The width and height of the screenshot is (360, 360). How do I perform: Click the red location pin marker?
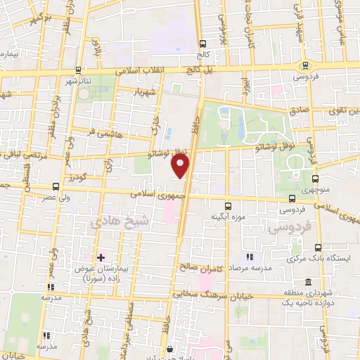pos(181,165)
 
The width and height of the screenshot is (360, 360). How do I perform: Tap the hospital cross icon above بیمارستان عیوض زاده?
pos(101,259)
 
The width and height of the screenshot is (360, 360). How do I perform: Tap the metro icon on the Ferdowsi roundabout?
pos(291,199)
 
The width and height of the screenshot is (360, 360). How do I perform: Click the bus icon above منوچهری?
pos(315,179)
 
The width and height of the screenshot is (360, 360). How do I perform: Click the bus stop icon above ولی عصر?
pos(56,187)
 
